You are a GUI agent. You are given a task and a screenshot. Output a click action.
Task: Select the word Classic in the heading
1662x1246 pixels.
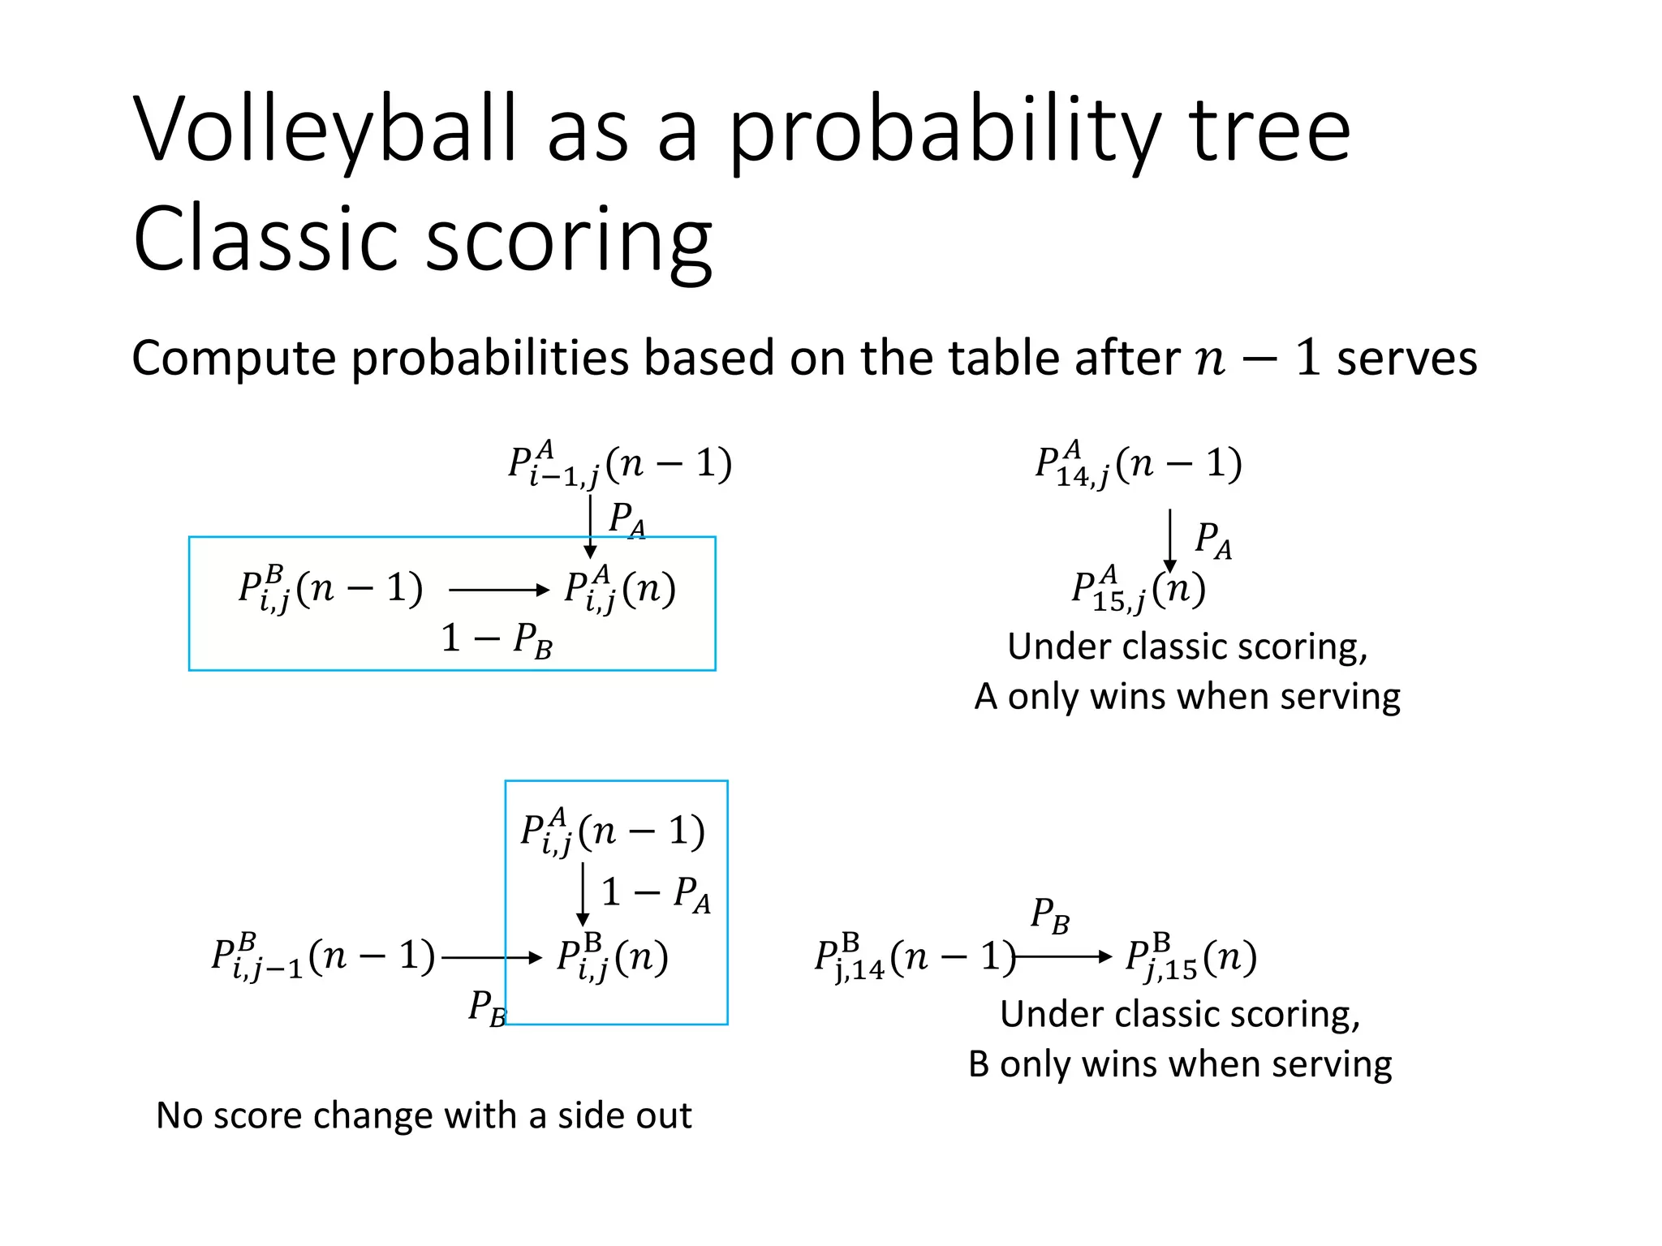[x=268, y=240]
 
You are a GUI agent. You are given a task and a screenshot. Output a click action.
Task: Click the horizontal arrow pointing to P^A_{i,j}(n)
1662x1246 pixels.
[x=498, y=590]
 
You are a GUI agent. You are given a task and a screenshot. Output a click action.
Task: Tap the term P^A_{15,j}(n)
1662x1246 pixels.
[x=1138, y=590]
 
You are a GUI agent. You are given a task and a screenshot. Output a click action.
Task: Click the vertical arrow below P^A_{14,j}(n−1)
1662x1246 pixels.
[x=1169, y=540]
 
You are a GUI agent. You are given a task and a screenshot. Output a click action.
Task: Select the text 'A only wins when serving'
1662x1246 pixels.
[x=1187, y=697]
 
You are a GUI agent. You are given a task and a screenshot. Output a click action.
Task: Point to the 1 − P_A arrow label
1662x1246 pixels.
[x=656, y=894]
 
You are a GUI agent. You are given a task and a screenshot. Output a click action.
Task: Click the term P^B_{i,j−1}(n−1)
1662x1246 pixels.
[x=323, y=957]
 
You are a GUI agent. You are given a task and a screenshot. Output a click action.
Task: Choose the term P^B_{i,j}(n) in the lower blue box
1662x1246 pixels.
[x=613, y=958]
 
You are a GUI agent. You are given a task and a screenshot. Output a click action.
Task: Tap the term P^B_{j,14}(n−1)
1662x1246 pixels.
[x=915, y=958]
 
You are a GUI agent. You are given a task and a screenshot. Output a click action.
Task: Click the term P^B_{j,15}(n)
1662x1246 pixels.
[x=1191, y=958]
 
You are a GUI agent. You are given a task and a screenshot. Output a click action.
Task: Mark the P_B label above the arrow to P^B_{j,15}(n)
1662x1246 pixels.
[x=1050, y=916]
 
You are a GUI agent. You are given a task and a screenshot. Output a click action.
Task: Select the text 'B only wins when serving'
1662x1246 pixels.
[x=1180, y=1064]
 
